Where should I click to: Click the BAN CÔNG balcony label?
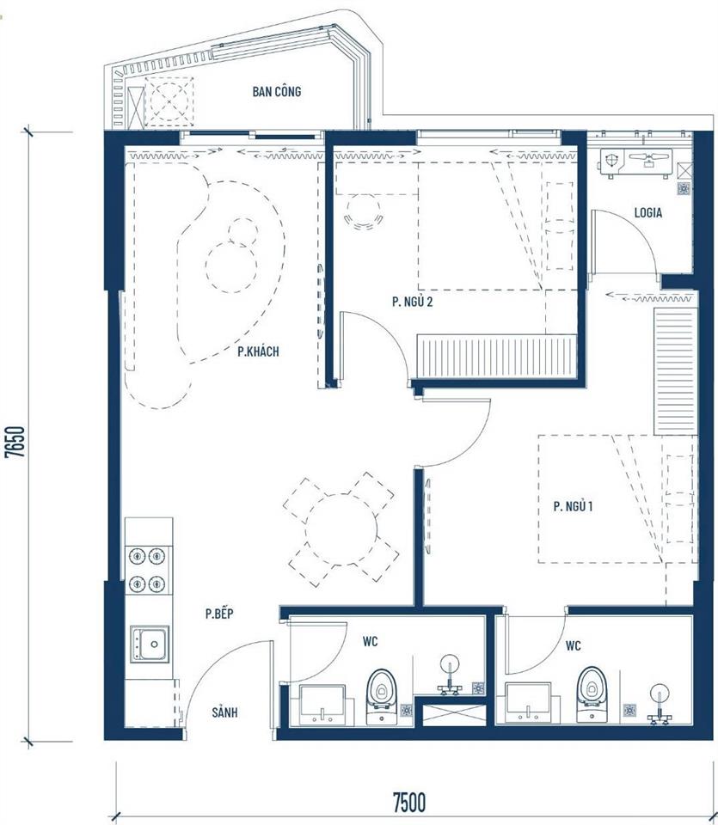pyautogui.click(x=276, y=92)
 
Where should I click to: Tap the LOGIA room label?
pyautogui.click(x=647, y=213)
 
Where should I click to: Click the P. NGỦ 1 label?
pyautogui.click(x=574, y=507)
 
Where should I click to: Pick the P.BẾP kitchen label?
pyautogui.click(x=220, y=614)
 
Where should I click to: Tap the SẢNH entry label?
pyautogui.click(x=224, y=712)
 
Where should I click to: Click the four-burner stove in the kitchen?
pyautogui.click(x=148, y=570)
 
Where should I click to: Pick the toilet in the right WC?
pyautogui.click(x=591, y=692)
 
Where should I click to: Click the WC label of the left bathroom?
pyautogui.click(x=370, y=640)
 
